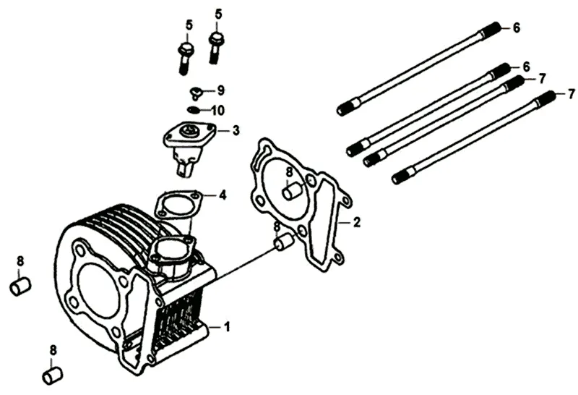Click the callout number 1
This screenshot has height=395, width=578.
point(227,327)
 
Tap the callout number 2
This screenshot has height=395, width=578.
point(356,222)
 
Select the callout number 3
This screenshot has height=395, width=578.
point(236,131)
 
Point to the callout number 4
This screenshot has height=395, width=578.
point(223,195)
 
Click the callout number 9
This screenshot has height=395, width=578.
point(221,90)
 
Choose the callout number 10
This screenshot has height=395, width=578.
point(217,111)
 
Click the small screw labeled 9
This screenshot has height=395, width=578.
point(196,92)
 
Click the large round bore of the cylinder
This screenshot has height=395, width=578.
point(97,290)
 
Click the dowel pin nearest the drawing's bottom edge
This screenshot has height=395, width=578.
point(51,376)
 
